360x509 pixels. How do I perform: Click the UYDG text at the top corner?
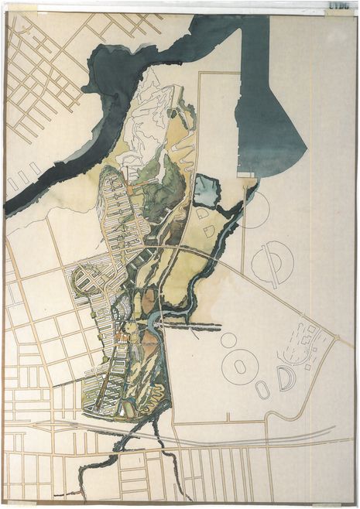pyautogui.click(x=338, y=5)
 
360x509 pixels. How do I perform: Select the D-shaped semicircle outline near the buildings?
pyautogui.click(x=286, y=378)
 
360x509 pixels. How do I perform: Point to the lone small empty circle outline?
pyautogui.click(x=228, y=340)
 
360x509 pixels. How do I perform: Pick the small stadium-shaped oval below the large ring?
pyautogui.click(x=263, y=390)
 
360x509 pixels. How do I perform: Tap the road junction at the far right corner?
pyautogui.click(x=334, y=340)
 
